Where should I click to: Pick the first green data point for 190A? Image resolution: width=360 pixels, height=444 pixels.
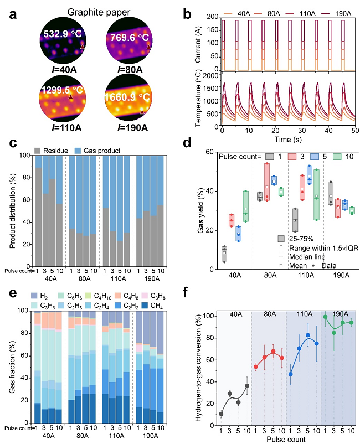coord(325,317)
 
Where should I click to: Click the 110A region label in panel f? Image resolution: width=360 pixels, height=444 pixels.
coord(302,313)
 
